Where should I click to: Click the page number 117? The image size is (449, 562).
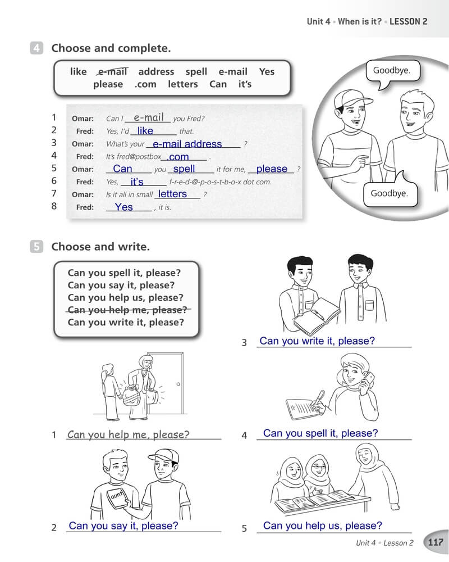pos(436,542)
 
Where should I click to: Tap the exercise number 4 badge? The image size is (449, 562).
pos(36,48)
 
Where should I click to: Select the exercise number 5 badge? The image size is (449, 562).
pos(36,247)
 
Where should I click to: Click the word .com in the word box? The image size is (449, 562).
pos(145,85)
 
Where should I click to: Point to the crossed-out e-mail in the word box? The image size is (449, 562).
pos(112,72)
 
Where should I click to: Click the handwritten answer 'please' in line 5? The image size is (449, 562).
pos(272,169)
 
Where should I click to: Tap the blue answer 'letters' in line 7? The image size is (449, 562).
pos(172,194)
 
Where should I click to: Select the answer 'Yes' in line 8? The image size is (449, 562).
pos(124,207)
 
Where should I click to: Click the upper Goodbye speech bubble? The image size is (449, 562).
pos(392,72)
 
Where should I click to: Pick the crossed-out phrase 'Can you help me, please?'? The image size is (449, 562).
pos(127,310)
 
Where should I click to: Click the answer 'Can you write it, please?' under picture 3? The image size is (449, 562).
pos(317,341)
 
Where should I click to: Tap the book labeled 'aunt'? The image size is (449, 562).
pos(117,497)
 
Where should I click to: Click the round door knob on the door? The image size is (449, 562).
pos(178,384)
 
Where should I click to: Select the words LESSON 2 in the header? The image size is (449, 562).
pos(408,21)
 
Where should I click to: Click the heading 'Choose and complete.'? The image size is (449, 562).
pos(111,48)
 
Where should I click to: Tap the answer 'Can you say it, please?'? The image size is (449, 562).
pos(123,526)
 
